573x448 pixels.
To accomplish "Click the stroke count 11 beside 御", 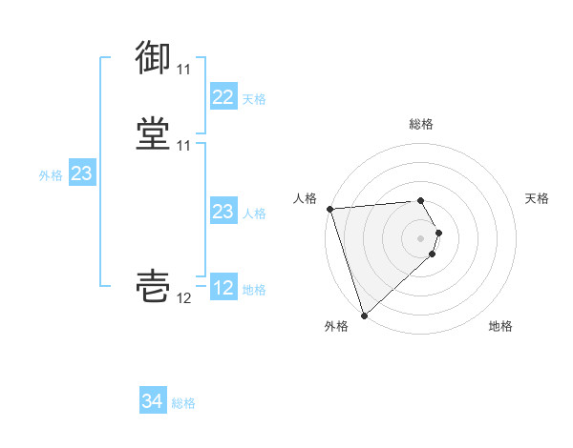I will pyautogui.click(x=183, y=70).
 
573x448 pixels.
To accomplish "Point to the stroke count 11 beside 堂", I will pyautogui.click(x=183, y=146).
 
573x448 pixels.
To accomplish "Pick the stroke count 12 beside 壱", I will pyautogui.click(x=183, y=298).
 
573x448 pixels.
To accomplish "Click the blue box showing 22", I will pyautogui.click(x=223, y=97).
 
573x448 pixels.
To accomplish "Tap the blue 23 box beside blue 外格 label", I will pyautogui.click(x=81, y=173).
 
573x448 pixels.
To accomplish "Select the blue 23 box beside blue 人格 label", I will pyautogui.click(x=223, y=212).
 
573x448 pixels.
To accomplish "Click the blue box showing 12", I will pyautogui.click(x=223, y=288).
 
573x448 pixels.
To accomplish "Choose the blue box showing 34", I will pyautogui.click(x=153, y=401).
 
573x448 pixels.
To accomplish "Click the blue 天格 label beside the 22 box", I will pyautogui.click(x=254, y=99).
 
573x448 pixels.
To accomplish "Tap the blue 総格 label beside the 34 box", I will pyautogui.click(x=183, y=403).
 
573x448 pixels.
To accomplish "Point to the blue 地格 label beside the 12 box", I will pyautogui.click(x=254, y=290).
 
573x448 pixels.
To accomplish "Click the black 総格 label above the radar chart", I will pyautogui.click(x=421, y=124).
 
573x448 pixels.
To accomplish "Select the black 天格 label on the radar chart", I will pyautogui.click(x=538, y=198).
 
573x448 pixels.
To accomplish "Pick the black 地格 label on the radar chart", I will pyautogui.click(x=500, y=326).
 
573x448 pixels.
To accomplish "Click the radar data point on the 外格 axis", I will pyautogui.click(x=364, y=315).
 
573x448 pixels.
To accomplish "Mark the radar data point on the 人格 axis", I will pyautogui.click(x=329, y=209).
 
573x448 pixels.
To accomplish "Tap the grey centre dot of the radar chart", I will pyautogui.click(x=421, y=237).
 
